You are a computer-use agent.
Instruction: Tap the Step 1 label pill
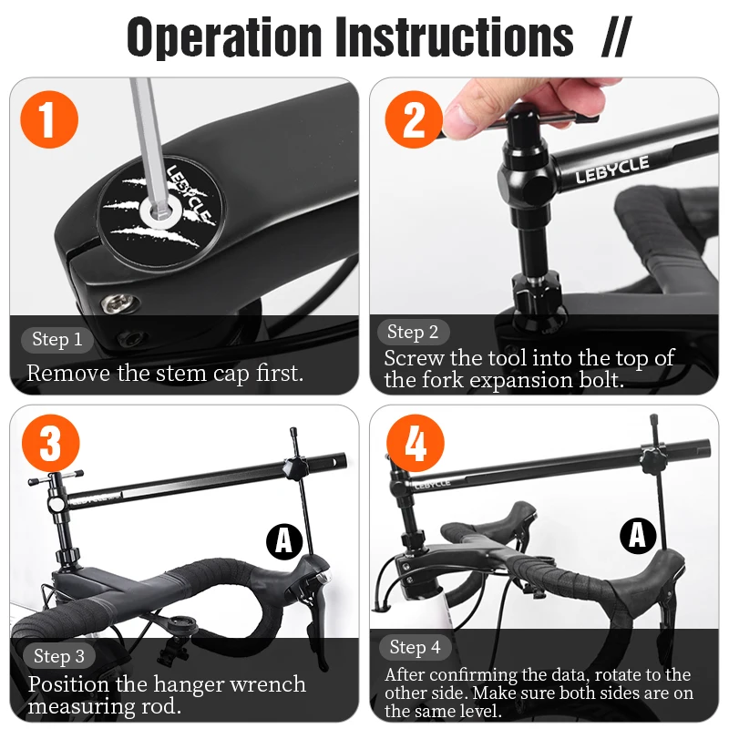57,340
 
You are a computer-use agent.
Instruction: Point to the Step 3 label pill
59,656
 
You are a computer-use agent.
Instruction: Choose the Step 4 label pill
415,648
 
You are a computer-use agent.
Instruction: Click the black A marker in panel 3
284,541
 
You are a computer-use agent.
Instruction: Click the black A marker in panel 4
637,535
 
